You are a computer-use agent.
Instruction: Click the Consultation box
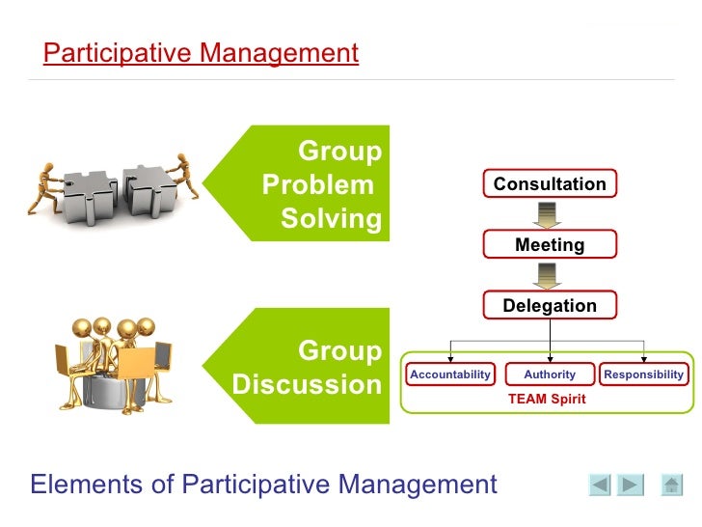pyautogui.click(x=550, y=184)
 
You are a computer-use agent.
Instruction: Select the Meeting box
pyautogui.click(x=550, y=245)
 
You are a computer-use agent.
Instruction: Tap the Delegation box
pyautogui.click(x=550, y=306)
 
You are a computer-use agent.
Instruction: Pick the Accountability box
pyautogui.click(x=450, y=374)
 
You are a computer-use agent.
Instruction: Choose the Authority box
pyautogui.click(x=550, y=374)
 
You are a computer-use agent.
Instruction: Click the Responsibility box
pyautogui.click(x=643, y=374)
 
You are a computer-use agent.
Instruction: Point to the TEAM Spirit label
pyautogui.click(x=547, y=399)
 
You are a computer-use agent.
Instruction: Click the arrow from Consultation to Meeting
pyautogui.click(x=549, y=214)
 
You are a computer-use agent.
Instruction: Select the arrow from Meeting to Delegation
pyautogui.click(x=549, y=275)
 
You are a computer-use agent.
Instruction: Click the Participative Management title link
pyautogui.click(x=201, y=53)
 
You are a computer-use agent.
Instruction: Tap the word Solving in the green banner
pyautogui.click(x=331, y=219)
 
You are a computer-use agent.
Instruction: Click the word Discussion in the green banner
pyautogui.click(x=307, y=384)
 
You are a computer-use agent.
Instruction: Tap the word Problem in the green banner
pyautogui.click(x=317, y=185)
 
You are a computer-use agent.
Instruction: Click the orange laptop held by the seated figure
pyautogui.click(x=137, y=363)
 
